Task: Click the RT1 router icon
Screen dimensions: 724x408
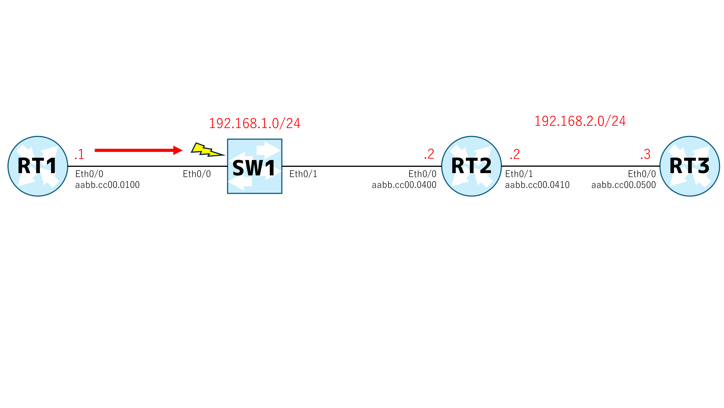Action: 38,166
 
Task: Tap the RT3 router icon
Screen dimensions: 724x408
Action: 690,166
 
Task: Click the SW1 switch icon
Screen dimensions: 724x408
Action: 255,166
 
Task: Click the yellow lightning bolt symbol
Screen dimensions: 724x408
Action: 207,150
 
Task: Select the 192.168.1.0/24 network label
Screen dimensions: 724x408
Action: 255,123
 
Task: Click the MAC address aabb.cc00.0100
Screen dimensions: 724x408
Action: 107,185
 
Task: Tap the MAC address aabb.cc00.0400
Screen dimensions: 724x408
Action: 404,185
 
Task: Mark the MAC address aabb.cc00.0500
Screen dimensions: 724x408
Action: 624,185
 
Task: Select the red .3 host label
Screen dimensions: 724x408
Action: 645,154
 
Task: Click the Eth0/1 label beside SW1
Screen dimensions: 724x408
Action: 303,174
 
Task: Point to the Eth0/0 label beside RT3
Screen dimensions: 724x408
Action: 642,174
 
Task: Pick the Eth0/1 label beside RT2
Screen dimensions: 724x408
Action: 519,174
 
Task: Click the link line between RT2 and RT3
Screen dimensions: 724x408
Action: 581,166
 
